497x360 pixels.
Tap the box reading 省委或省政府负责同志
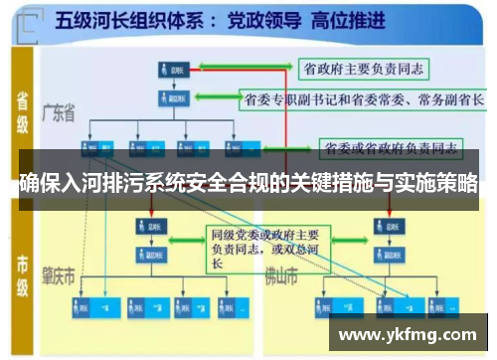coord(391,149)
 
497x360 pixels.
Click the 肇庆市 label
coord(59,273)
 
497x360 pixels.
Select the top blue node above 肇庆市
coord(148,226)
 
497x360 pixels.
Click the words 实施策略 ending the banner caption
coord(442,184)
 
